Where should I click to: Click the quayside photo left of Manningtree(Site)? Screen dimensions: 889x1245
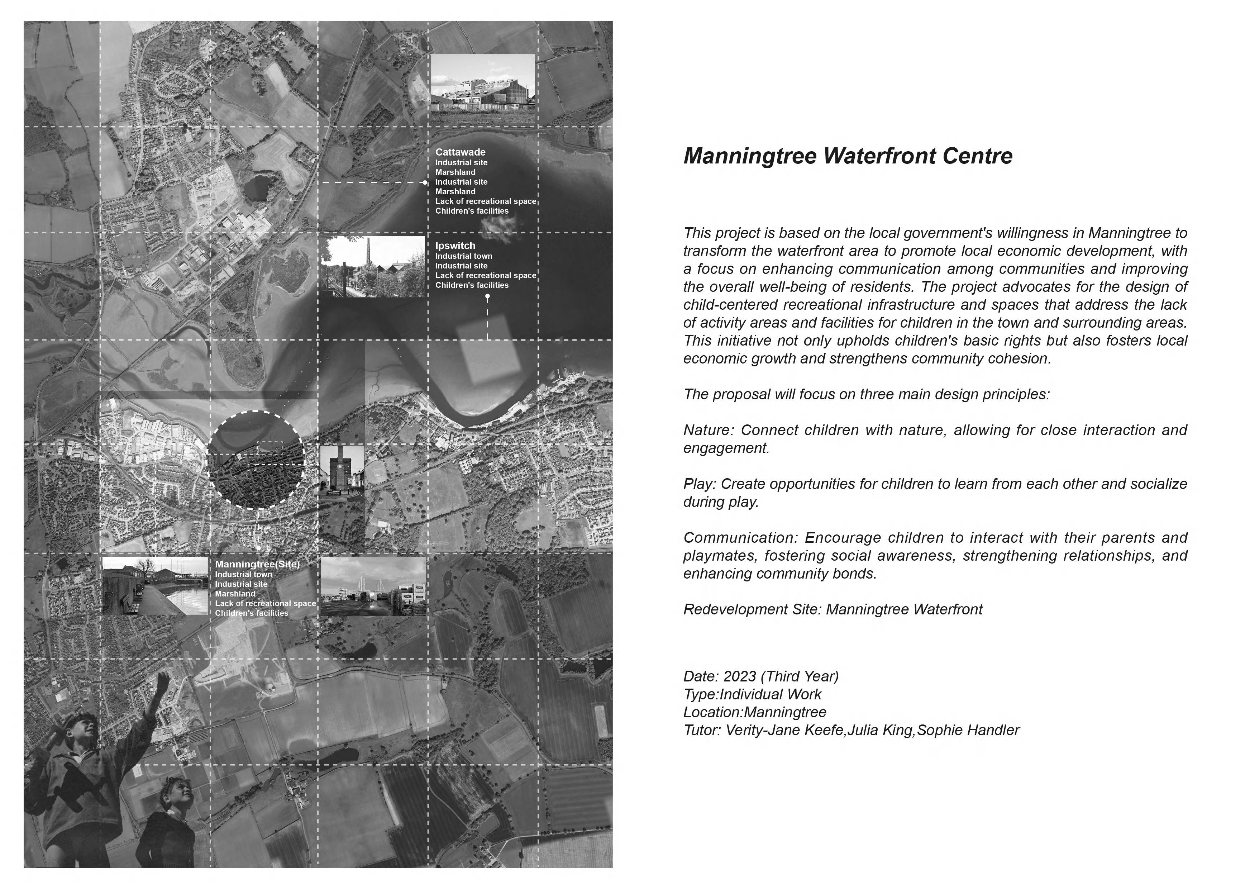(155, 586)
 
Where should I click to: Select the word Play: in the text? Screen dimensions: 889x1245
(700, 484)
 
